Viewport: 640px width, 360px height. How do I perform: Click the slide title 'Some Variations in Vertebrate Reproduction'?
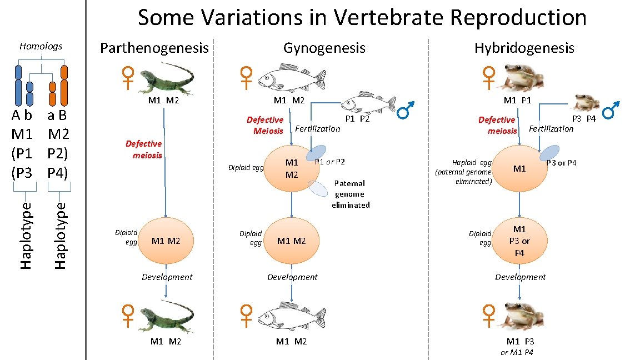click(362, 18)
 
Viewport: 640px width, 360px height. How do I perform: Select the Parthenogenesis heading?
click(154, 48)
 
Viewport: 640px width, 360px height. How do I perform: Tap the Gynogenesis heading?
click(324, 48)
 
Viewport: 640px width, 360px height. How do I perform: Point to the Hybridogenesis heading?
click(524, 48)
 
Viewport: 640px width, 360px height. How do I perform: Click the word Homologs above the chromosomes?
click(41, 46)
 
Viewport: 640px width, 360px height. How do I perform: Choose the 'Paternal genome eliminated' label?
click(350, 194)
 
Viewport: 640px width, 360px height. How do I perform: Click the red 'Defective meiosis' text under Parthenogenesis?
click(143, 149)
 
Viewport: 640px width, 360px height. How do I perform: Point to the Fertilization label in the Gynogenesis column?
click(317, 129)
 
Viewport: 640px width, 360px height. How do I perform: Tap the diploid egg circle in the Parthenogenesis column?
click(165, 241)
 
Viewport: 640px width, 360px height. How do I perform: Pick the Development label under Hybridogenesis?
click(520, 277)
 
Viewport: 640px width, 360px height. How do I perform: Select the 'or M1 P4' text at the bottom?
click(517, 353)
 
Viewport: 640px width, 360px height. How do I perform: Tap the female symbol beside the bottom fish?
click(246, 316)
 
